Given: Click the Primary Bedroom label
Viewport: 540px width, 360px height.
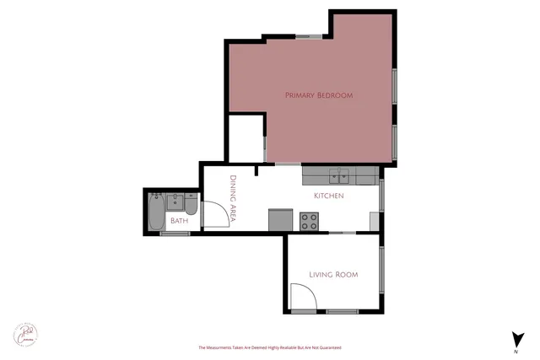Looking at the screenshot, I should coord(318,95).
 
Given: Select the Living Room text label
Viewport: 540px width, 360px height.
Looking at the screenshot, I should coord(333,274).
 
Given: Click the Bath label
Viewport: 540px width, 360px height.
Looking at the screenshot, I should coord(180,221).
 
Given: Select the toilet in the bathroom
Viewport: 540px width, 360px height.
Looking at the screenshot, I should coord(191,206).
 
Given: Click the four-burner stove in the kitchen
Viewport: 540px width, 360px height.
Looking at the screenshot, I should coord(310,221).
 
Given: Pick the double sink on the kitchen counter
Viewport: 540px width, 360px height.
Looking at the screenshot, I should coord(340,176).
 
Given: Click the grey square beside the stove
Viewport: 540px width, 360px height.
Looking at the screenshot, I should coord(280,219).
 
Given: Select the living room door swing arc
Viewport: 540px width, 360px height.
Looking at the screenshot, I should coord(304,296).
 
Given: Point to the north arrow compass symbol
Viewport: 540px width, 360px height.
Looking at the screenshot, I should coord(516,340).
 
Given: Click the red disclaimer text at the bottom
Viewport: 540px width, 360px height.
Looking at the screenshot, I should coord(270,347).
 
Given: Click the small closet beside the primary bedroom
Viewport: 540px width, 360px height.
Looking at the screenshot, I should coord(246,137).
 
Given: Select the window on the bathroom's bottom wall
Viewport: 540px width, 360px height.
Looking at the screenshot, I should coord(175,234).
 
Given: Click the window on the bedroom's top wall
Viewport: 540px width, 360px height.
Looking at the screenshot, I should coord(308,36).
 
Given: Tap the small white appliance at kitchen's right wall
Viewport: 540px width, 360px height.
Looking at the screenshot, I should coord(375,220).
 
